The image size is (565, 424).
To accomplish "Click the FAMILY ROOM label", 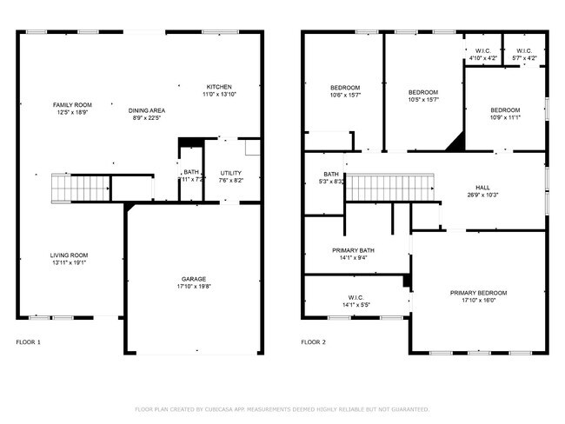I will [x=72, y=104].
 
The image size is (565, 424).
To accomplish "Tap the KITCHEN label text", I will [x=218, y=86].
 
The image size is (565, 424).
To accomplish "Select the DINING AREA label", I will [x=147, y=110].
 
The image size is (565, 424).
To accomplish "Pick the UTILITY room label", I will [x=230, y=173].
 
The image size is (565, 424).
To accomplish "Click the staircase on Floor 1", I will [x=81, y=186].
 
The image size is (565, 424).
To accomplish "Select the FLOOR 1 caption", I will [x=28, y=342].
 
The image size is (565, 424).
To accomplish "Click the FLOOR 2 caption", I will [x=313, y=342].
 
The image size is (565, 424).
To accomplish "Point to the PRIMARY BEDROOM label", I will [x=478, y=293].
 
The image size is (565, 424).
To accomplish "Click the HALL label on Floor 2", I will [x=482, y=187].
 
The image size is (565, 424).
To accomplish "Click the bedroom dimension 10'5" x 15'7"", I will [x=423, y=99].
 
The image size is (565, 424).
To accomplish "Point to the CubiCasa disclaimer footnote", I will [x=282, y=407].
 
